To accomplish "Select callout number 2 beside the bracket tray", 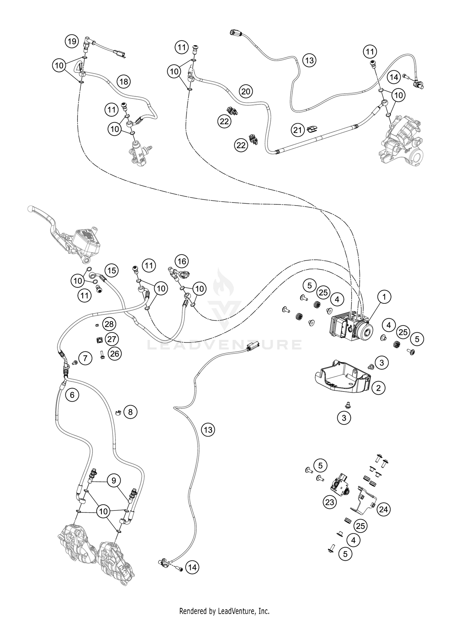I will click(379, 388).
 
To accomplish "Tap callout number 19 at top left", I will click(72, 41).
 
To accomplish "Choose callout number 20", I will click(245, 91).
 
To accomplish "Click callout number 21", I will click(298, 130).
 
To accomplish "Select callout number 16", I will click(182, 261).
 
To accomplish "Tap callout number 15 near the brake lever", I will click(111, 270).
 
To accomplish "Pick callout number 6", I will click(72, 395).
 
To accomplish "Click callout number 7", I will click(86, 358).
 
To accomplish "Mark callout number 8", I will click(130, 412).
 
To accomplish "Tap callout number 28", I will click(109, 324).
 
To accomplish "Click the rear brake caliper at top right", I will click(401, 141).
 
